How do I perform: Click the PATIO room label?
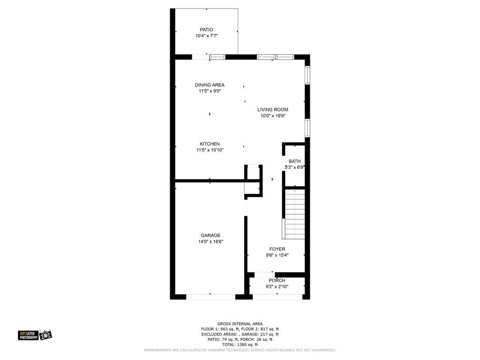tap(206, 30)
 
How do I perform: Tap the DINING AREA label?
tap(210, 85)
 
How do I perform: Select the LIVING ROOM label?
tap(273, 110)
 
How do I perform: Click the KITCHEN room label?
tap(210, 144)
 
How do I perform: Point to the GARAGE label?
tap(210, 235)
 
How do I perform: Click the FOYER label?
tap(277, 249)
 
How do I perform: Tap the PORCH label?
tap(277, 280)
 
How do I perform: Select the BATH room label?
tap(294, 161)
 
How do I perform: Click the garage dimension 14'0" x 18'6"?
tap(210, 241)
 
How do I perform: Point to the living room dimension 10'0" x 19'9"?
tap(273, 116)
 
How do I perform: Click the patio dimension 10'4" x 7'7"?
tap(206, 36)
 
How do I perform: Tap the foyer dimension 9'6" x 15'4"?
tap(277, 255)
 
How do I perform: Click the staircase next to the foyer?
tap(294, 214)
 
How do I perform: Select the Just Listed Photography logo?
tap(35, 335)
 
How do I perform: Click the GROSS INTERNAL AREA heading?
tap(240, 324)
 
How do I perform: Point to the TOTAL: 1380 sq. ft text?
tap(240, 345)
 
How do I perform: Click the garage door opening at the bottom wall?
tap(210, 297)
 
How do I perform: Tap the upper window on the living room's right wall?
tap(307, 75)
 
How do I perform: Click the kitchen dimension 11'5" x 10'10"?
tap(210, 150)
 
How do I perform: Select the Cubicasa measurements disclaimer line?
tap(240, 350)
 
